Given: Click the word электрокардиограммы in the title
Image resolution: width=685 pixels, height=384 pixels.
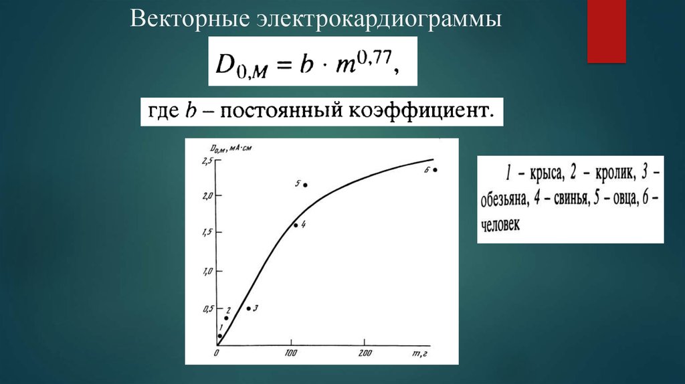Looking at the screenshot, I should [x=377, y=19].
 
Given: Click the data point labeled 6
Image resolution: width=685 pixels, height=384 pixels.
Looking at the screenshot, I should [x=435, y=170].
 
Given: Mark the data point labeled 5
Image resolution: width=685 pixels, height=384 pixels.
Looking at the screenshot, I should [x=305, y=185].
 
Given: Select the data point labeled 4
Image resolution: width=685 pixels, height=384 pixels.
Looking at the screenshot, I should [x=296, y=225].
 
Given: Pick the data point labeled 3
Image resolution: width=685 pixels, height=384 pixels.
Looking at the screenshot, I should [x=248, y=308].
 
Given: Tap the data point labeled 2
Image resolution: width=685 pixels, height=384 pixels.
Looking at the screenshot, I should [x=226, y=318].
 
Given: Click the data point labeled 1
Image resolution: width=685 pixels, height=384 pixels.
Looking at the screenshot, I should [x=220, y=336].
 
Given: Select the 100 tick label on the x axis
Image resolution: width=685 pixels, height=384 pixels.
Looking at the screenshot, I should [x=291, y=353].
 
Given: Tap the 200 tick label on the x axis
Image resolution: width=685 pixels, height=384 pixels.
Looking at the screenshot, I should [x=365, y=353].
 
